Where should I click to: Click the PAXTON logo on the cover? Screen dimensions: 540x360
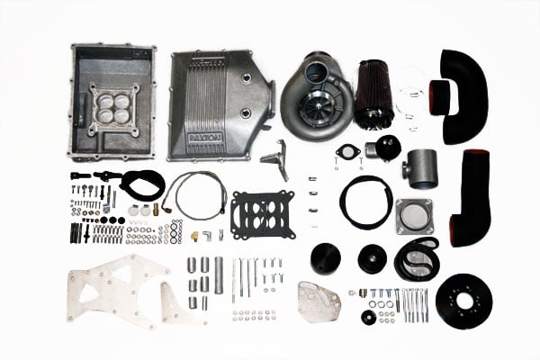tap(205, 138)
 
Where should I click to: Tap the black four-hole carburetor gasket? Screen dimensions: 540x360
tap(264, 214)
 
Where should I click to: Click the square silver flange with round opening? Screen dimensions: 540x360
tap(414, 217)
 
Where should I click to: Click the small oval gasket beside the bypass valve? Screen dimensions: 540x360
tap(348, 150)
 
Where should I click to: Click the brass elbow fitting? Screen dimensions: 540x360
tap(195, 236)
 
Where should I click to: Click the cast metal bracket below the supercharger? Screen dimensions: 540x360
tap(275, 159)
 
